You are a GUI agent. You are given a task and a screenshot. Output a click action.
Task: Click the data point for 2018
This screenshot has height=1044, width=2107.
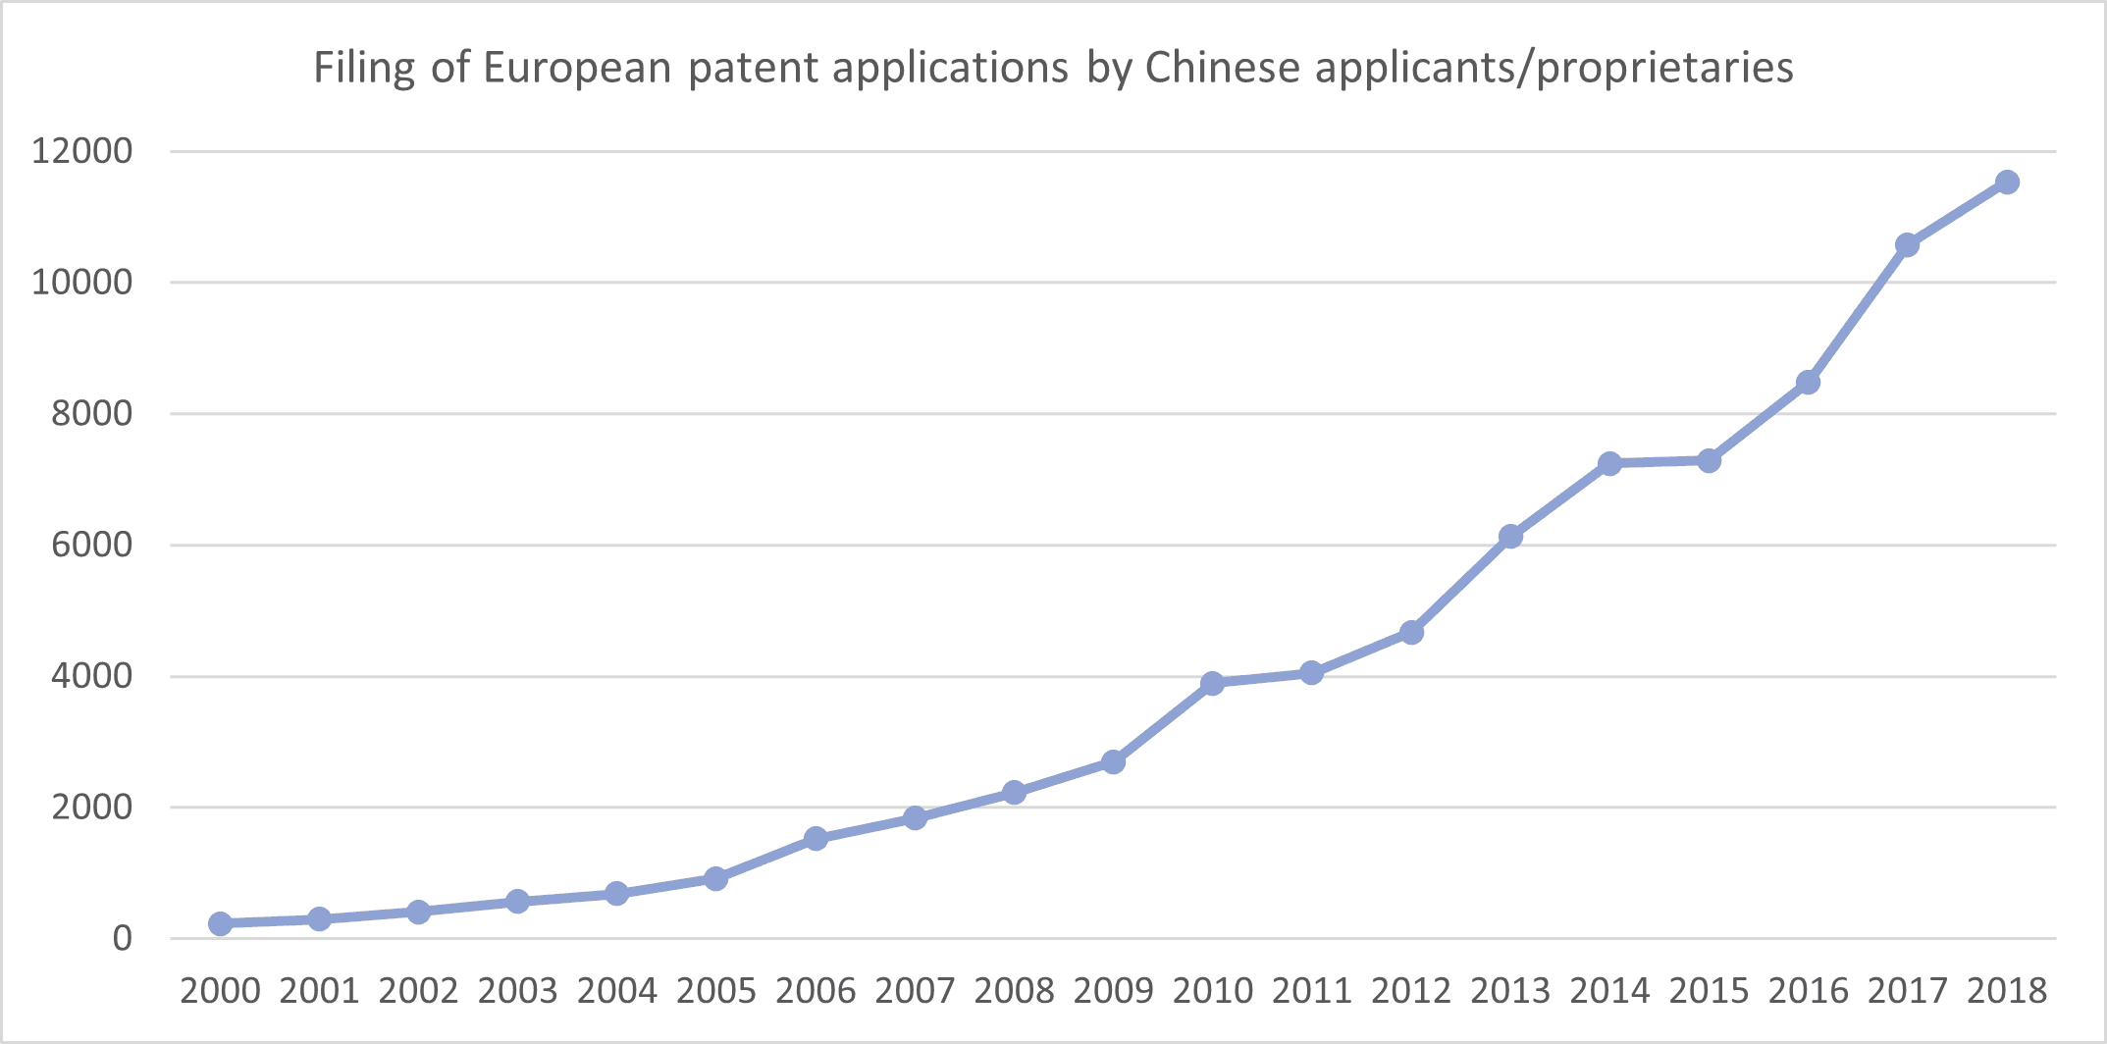pyautogui.click(x=2007, y=183)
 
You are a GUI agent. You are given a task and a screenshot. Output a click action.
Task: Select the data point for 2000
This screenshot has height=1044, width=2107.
pyautogui.click(x=220, y=923)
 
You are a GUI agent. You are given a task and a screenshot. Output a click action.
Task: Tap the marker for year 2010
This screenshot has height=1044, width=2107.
pyautogui.click(x=1212, y=683)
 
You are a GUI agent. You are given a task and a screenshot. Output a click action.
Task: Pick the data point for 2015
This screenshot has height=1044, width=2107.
pyautogui.click(x=1709, y=461)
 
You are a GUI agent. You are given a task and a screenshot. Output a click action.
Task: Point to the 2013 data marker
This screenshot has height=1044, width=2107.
pyautogui.click(x=1510, y=537)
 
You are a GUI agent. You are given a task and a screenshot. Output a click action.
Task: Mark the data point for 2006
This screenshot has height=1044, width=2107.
pyautogui.click(x=816, y=839)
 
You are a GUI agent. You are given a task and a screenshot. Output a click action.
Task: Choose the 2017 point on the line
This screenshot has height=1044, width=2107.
pyautogui.click(x=1907, y=245)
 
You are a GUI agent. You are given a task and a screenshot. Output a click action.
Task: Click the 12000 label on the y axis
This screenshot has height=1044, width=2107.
pyautogui.click(x=81, y=151)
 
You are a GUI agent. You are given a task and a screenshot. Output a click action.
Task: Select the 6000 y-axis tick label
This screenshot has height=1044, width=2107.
pyautogui.click(x=91, y=545)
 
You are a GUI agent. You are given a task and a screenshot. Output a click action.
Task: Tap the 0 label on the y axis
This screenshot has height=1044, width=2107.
pyautogui.click(x=122, y=939)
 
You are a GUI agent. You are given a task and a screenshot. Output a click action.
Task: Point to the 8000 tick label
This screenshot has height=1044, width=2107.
pyautogui.click(x=91, y=414)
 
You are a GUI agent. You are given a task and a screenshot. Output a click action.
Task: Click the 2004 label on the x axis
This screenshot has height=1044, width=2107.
pyautogui.click(x=616, y=991)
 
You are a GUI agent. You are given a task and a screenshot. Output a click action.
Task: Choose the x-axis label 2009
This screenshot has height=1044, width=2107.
pyautogui.click(x=1113, y=991)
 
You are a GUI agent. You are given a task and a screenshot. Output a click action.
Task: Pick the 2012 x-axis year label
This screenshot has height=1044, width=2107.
pyautogui.click(x=1410, y=991)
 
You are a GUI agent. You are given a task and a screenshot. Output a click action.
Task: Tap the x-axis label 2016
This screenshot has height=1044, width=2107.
pyautogui.click(x=1808, y=991)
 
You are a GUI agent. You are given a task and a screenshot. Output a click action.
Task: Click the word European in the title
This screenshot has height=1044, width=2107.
pyautogui.click(x=577, y=68)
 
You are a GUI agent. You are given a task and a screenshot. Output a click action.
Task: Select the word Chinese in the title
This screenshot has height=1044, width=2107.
pyautogui.click(x=1222, y=68)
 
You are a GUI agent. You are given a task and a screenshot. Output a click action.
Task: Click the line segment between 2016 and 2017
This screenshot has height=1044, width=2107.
pyautogui.click(x=1858, y=314)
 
